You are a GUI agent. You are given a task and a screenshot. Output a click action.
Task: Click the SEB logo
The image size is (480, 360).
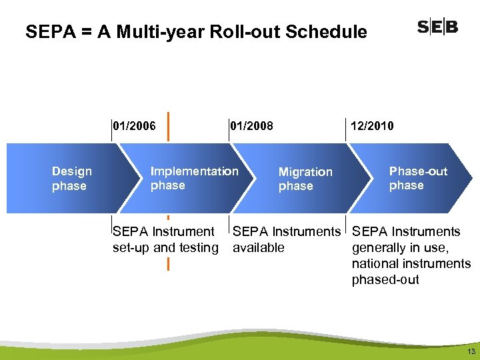pos(437,27)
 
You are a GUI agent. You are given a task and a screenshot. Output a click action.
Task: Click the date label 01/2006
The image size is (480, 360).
pos(135,126)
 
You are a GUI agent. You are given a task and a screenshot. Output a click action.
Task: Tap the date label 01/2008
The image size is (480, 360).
pos(251,126)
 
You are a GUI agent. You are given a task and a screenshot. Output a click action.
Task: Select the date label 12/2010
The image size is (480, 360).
pos(372,126)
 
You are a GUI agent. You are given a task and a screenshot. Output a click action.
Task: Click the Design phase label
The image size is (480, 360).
pos(71,179)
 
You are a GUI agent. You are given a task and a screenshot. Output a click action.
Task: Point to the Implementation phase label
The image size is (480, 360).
pos(194,178)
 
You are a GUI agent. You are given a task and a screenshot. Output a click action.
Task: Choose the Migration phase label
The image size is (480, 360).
pos(305,179)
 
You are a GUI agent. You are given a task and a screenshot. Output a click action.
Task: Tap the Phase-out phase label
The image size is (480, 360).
pos(418,178)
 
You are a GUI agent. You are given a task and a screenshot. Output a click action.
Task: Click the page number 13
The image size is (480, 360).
pos(471,351)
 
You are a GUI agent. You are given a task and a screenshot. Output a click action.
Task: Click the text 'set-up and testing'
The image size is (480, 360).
pos(165,248)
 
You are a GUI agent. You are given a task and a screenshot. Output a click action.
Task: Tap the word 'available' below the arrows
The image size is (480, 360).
pos(259,248)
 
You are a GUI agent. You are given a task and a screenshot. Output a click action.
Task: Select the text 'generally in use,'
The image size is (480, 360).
pos(400,248)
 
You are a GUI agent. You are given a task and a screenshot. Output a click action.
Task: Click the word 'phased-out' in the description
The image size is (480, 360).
pos(385,280)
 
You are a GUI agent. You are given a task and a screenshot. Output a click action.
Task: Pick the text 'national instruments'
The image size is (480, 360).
pos(411,264)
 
